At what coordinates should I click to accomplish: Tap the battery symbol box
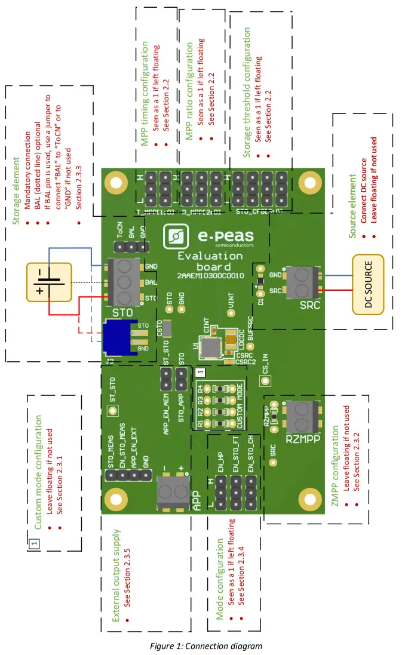(48, 282)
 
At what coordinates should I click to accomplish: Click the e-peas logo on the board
(208, 236)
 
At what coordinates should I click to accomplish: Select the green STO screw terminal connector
(124, 281)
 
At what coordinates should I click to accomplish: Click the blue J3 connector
(121, 337)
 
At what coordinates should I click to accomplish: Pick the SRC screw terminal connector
(303, 283)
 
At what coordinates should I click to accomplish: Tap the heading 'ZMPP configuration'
(335, 466)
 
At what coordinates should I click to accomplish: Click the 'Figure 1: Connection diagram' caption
(206, 645)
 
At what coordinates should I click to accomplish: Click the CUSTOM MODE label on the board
(240, 405)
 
